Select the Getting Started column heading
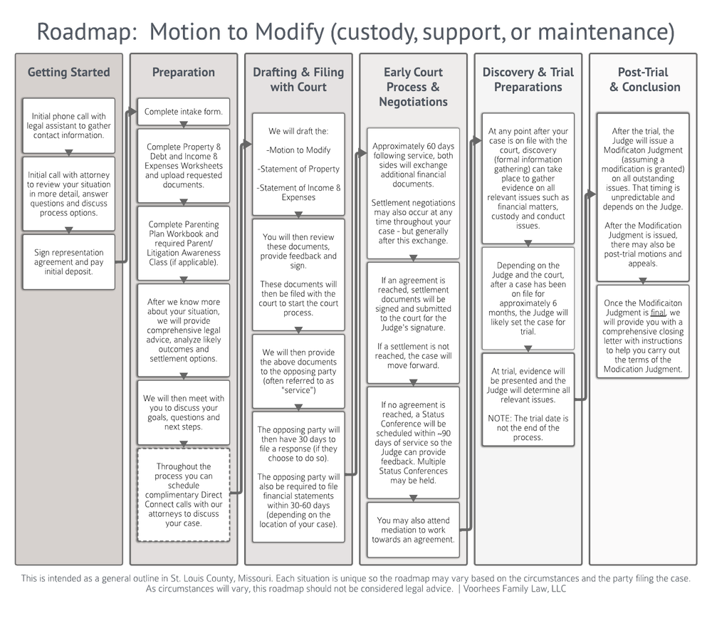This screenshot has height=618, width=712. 68,72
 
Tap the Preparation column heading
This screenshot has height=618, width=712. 183,72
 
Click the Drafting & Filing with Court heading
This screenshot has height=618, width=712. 298,79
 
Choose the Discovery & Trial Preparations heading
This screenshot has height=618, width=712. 528,79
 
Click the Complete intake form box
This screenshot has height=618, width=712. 183,112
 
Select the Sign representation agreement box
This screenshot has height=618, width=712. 68,261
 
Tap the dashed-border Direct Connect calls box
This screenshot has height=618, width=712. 183,494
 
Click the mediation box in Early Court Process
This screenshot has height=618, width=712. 414,530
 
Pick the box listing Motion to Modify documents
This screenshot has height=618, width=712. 298,163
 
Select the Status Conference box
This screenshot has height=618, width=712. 414,442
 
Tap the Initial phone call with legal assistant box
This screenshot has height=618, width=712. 68,125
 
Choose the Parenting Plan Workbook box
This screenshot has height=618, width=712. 183,243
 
